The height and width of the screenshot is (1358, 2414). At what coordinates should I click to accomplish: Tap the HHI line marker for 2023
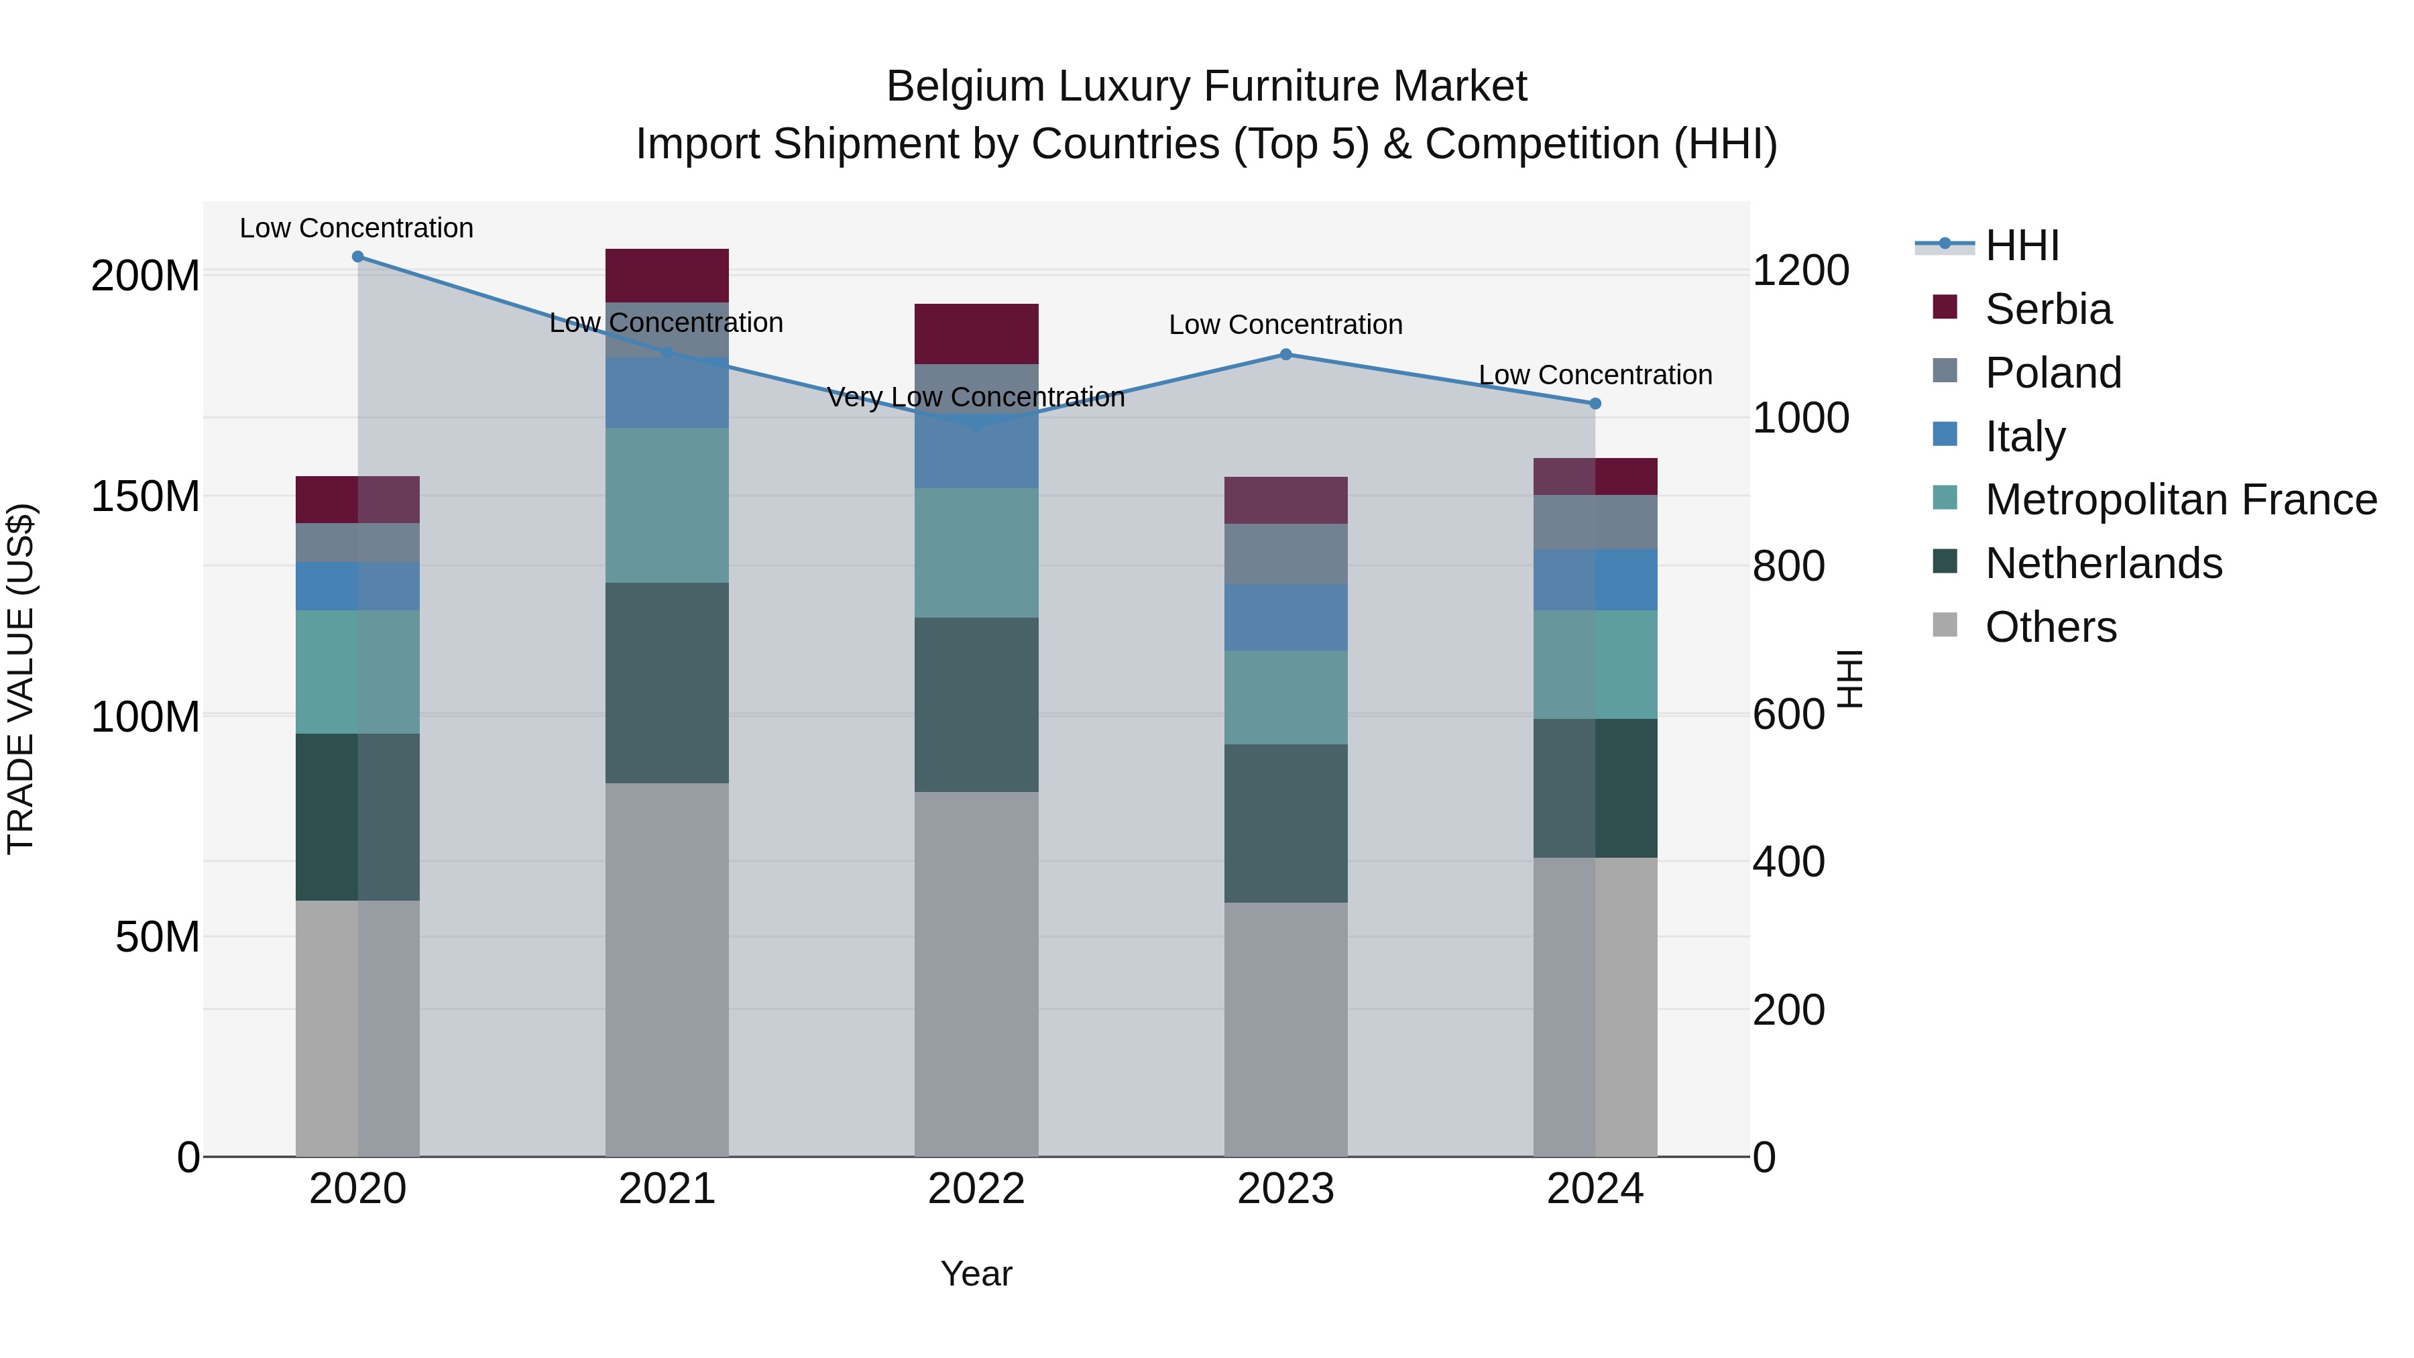(1285, 354)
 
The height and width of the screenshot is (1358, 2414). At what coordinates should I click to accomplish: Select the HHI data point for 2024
(1595, 404)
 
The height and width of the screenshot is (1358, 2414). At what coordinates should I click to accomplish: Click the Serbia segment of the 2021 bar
(667, 276)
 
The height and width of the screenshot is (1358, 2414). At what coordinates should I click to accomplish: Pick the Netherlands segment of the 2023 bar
(1285, 823)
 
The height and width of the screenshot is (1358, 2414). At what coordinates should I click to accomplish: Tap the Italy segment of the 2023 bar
(1285, 617)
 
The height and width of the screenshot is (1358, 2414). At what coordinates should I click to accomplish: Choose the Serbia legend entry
(2048, 309)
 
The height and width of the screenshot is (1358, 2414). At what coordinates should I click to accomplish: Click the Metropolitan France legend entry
(2180, 500)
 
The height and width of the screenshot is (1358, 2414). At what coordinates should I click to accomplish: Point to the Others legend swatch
(1945, 625)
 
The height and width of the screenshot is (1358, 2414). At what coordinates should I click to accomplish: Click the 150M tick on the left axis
(146, 497)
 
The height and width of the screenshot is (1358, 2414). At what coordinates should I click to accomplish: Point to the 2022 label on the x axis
(976, 1189)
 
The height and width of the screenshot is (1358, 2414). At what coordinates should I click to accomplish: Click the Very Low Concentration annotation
(976, 398)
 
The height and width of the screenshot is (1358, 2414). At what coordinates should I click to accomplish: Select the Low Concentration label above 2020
(356, 229)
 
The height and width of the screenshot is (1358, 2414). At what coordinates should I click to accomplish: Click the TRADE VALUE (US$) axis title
(21, 679)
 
